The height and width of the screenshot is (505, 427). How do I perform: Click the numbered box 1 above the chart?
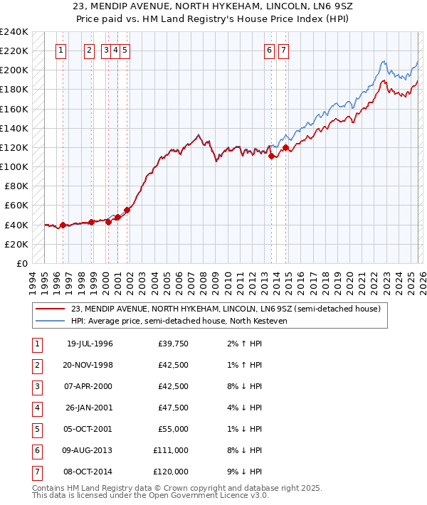click(x=61, y=51)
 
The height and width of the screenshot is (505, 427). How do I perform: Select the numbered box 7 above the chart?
click(x=283, y=51)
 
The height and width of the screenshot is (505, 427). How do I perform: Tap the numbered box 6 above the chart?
click(x=270, y=51)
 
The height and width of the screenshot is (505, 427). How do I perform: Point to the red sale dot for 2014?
click(x=285, y=148)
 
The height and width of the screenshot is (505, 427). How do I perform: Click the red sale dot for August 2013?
click(x=271, y=156)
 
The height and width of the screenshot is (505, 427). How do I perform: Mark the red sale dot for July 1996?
click(x=63, y=225)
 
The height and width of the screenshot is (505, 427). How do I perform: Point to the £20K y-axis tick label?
click(x=16, y=244)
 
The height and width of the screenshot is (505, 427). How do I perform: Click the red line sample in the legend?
click(x=51, y=309)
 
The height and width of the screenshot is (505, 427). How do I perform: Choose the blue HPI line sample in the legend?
click(x=51, y=321)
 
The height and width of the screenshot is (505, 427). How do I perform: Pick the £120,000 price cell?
click(x=172, y=472)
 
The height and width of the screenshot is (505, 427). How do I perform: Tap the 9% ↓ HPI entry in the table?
click(x=247, y=472)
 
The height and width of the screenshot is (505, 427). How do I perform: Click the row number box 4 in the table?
click(x=37, y=408)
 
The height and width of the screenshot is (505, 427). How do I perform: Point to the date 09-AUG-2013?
click(x=89, y=450)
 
